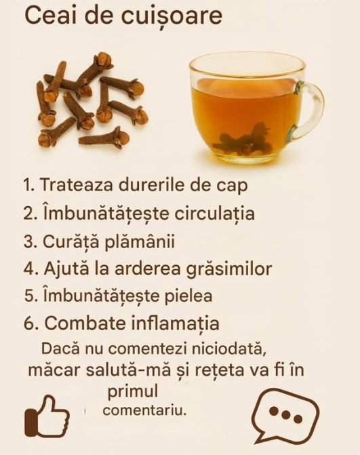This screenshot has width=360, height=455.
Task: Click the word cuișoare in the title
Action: click(172, 17)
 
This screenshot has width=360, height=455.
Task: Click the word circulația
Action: click(215, 214)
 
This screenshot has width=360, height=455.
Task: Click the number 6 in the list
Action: click(30, 324)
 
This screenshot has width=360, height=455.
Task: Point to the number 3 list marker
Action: click(30, 242)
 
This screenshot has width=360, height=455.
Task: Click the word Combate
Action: click(86, 323)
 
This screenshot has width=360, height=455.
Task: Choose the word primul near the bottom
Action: click(133, 392)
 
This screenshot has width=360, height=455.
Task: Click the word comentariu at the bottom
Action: click(144, 411)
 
